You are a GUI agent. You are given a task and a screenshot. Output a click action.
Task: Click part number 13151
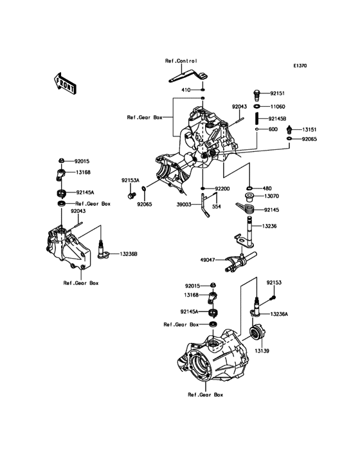(x=310, y=129)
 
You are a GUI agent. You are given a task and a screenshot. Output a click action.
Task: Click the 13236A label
(x=281, y=313)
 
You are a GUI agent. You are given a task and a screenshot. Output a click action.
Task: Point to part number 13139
(x=260, y=352)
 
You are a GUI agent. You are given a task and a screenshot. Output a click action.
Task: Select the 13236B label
(x=127, y=255)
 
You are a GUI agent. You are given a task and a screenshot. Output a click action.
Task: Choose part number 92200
(x=222, y=189)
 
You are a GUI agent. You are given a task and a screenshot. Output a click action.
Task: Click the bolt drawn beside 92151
(x=256, y=93)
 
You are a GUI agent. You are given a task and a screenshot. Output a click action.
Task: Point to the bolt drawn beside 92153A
(x=132, y=193)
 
